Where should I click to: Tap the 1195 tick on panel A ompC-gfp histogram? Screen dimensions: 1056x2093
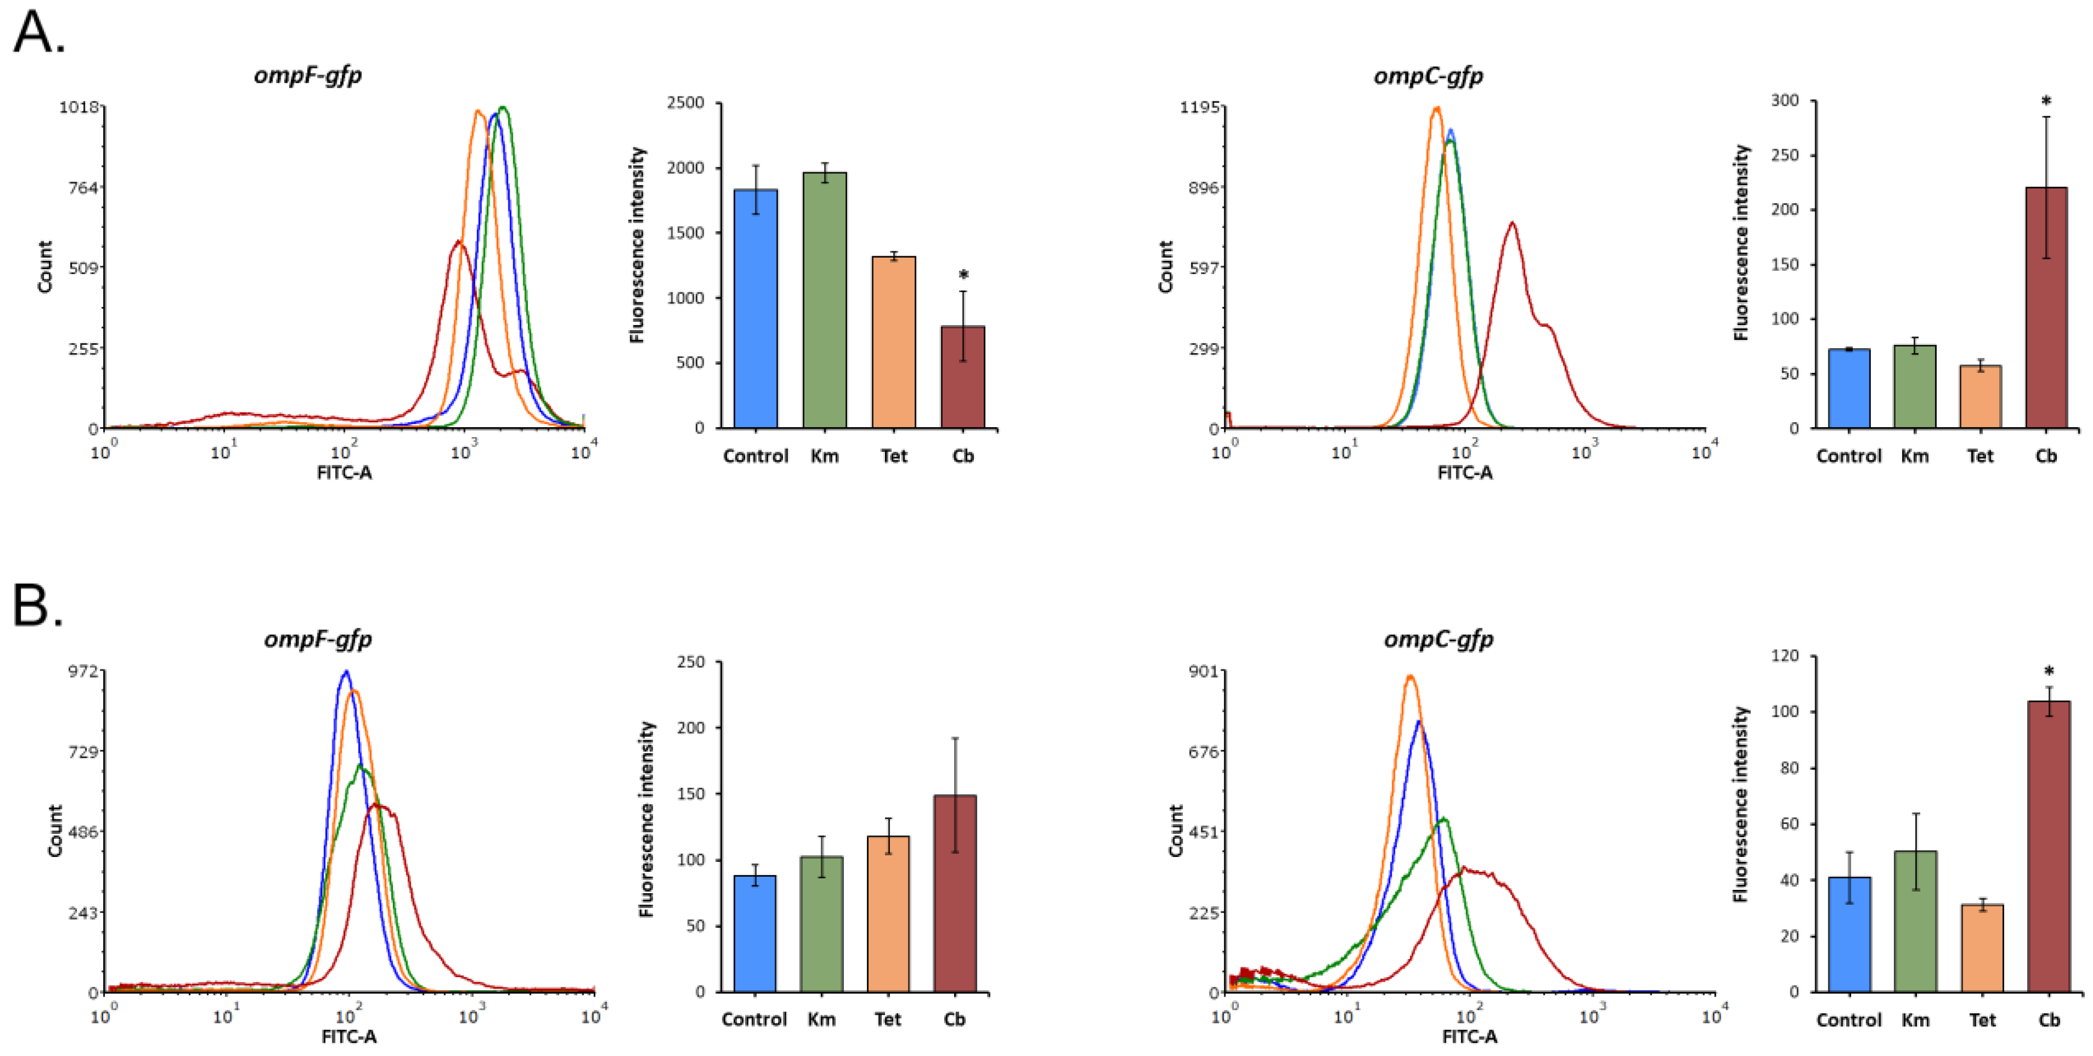coord(1199,107)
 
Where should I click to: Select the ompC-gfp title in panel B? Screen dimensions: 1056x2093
coord(1438,639)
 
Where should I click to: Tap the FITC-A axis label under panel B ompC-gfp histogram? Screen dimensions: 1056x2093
coord(1469,1036)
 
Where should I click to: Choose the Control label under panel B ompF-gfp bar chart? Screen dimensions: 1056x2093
coord(754,1019)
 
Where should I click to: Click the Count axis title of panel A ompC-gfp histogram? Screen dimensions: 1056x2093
coord(1166,266)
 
